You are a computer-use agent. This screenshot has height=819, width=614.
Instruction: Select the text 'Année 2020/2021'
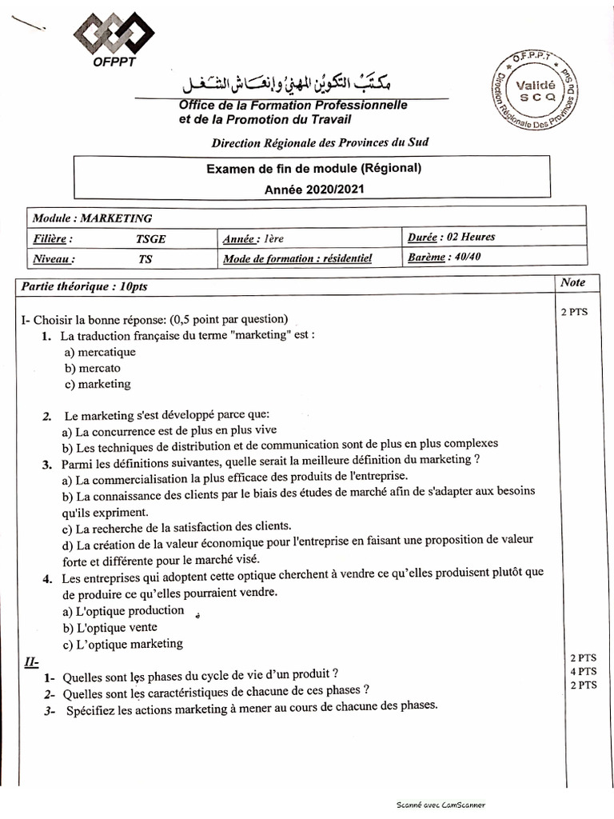coord(311,189)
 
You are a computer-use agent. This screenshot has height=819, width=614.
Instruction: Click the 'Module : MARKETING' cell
coord(92,218)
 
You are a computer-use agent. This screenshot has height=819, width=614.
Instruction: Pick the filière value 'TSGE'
coord(151,238)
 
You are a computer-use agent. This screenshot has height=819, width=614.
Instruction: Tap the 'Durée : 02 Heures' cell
coord(451,238)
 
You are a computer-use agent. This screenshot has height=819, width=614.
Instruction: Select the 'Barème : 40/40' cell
coord(445,258)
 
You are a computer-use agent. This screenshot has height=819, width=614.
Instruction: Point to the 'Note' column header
coord(572,282)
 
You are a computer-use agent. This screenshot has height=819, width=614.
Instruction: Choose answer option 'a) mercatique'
coord(100,352)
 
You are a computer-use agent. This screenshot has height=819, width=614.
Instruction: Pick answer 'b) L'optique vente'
coord(110,628)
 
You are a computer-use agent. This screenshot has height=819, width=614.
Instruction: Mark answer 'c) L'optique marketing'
coord(122,644)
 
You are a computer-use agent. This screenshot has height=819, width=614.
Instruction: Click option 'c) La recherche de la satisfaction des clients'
coord(177,526)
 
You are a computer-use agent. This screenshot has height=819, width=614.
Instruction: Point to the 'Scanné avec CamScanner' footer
coord(441,805)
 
